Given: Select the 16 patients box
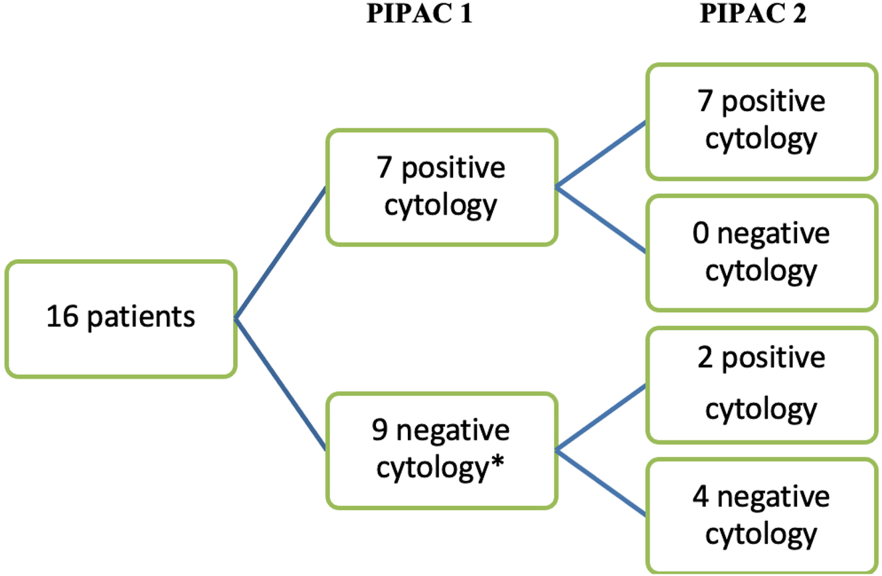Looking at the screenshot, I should (120, 319).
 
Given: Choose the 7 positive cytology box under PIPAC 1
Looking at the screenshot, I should (441, 187).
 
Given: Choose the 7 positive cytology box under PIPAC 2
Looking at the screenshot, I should (761, 121).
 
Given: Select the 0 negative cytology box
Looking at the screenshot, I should (761, 252).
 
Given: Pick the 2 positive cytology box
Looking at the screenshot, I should (761, 384).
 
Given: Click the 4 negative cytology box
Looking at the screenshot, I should (761, 516).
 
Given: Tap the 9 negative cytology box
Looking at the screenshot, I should (441, 450).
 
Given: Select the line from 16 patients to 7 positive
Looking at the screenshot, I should (280, 253).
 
